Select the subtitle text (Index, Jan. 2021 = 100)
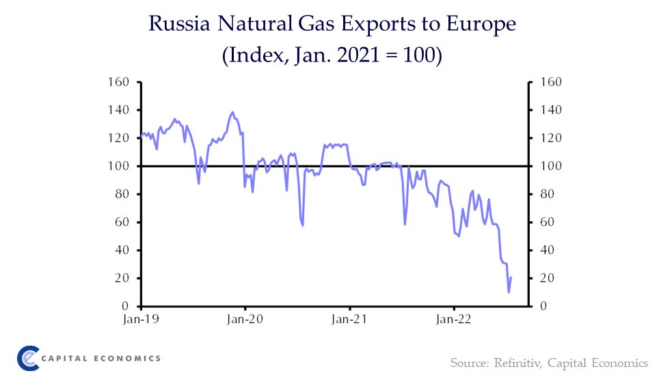pos(333,55)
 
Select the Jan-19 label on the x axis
pos(140,318)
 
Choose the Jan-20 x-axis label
pos(245,318)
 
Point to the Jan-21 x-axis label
pos(349,318)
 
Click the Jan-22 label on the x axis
pos(454,318)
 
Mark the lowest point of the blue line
pos(509,292)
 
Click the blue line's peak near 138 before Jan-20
pos(233,112)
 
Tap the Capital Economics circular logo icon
pos(28,358)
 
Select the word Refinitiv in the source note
pos(518,362)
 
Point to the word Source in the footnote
pos(466,362)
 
